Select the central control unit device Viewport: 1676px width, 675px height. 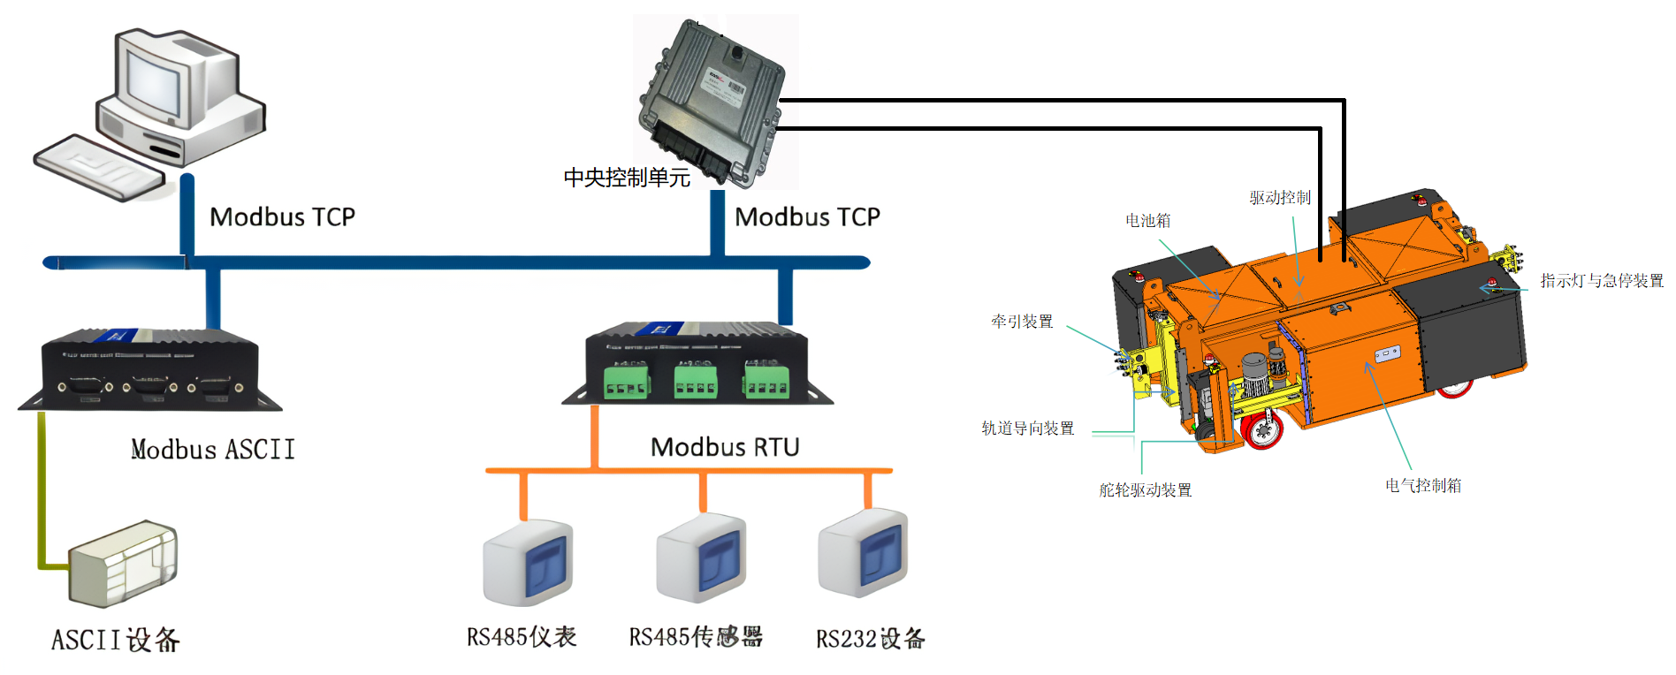[x=713, y=102]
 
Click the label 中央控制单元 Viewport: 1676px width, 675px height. [x=627, y=178]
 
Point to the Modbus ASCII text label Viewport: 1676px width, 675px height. [x=213, y=450]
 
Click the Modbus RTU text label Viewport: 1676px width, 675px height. [x=725, y=447]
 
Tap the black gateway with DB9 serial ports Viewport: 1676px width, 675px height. [x=150, y=368]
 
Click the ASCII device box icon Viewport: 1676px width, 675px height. [x=124, y=563]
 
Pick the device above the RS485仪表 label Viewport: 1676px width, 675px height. [x=528, y=562]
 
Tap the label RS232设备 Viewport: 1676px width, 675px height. [x=870, y=638]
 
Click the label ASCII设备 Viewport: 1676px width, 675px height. [x=115, y=639]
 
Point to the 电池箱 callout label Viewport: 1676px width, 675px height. [x=1147, y=220]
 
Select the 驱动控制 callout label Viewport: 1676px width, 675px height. [x=1280, y=197]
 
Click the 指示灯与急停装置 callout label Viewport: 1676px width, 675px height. [x=1601, y=280]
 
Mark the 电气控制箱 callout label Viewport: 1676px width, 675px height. [x=1423, y=485]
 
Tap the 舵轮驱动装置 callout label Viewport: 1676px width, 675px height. [x=1145, y=489]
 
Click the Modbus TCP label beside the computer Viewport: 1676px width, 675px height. [x=282, y=216]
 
